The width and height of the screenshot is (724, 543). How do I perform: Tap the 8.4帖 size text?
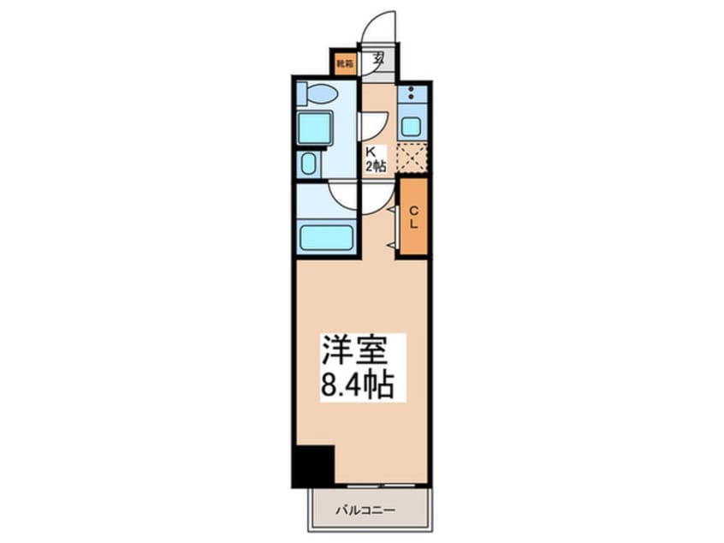click(357, 385)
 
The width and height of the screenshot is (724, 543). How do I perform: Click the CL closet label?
click(412, 216)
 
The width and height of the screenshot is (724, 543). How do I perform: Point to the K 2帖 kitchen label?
click(376, 160)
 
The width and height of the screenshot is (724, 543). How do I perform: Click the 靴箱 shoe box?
click(343, 63)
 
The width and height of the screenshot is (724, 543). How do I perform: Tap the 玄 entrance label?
click(377, 61)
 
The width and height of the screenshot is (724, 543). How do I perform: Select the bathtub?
click(325, 237)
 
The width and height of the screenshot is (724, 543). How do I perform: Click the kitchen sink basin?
click(412, 127)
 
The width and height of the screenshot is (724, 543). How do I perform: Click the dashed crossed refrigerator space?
click(412, 158)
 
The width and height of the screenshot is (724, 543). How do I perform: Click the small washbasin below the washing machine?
click(308, 163)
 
